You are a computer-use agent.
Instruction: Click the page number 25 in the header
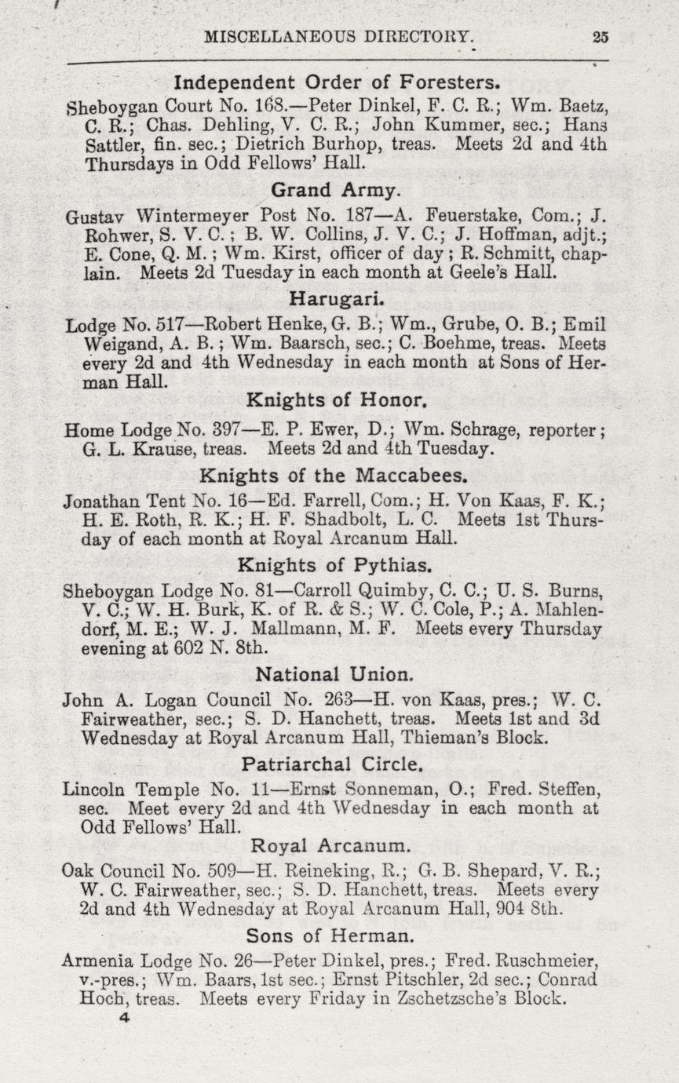pyautogui.click(x=601, y=35)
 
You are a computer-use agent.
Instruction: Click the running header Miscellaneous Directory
pyautogui.click(x=339, y=36)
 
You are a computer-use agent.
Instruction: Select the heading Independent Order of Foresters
pyautogui.click(x=337, y=82)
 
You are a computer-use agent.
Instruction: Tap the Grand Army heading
pyautogui.click(x=337, y=190)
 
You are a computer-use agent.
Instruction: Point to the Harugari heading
pyautogui.click(x=337, y=298)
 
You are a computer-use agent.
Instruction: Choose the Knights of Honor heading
pyautogui.click(x=337, y=401)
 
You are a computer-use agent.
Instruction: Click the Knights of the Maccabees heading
pyautogui.click(x=334, y=476)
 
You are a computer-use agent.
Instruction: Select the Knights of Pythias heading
pyautogui.click(x=335, y=565)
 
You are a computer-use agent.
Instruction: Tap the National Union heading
pyautogui.click(x=335, y=673)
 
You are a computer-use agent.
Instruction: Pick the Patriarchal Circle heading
pyautogui.click(x=334, y=764)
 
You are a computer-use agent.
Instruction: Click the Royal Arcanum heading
pyautogui.click(x=331, y=846)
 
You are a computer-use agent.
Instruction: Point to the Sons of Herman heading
pyautogui.click(x=330, y=935)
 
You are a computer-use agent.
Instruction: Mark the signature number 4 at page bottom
pyautogui.click(x=123, y=1018)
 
